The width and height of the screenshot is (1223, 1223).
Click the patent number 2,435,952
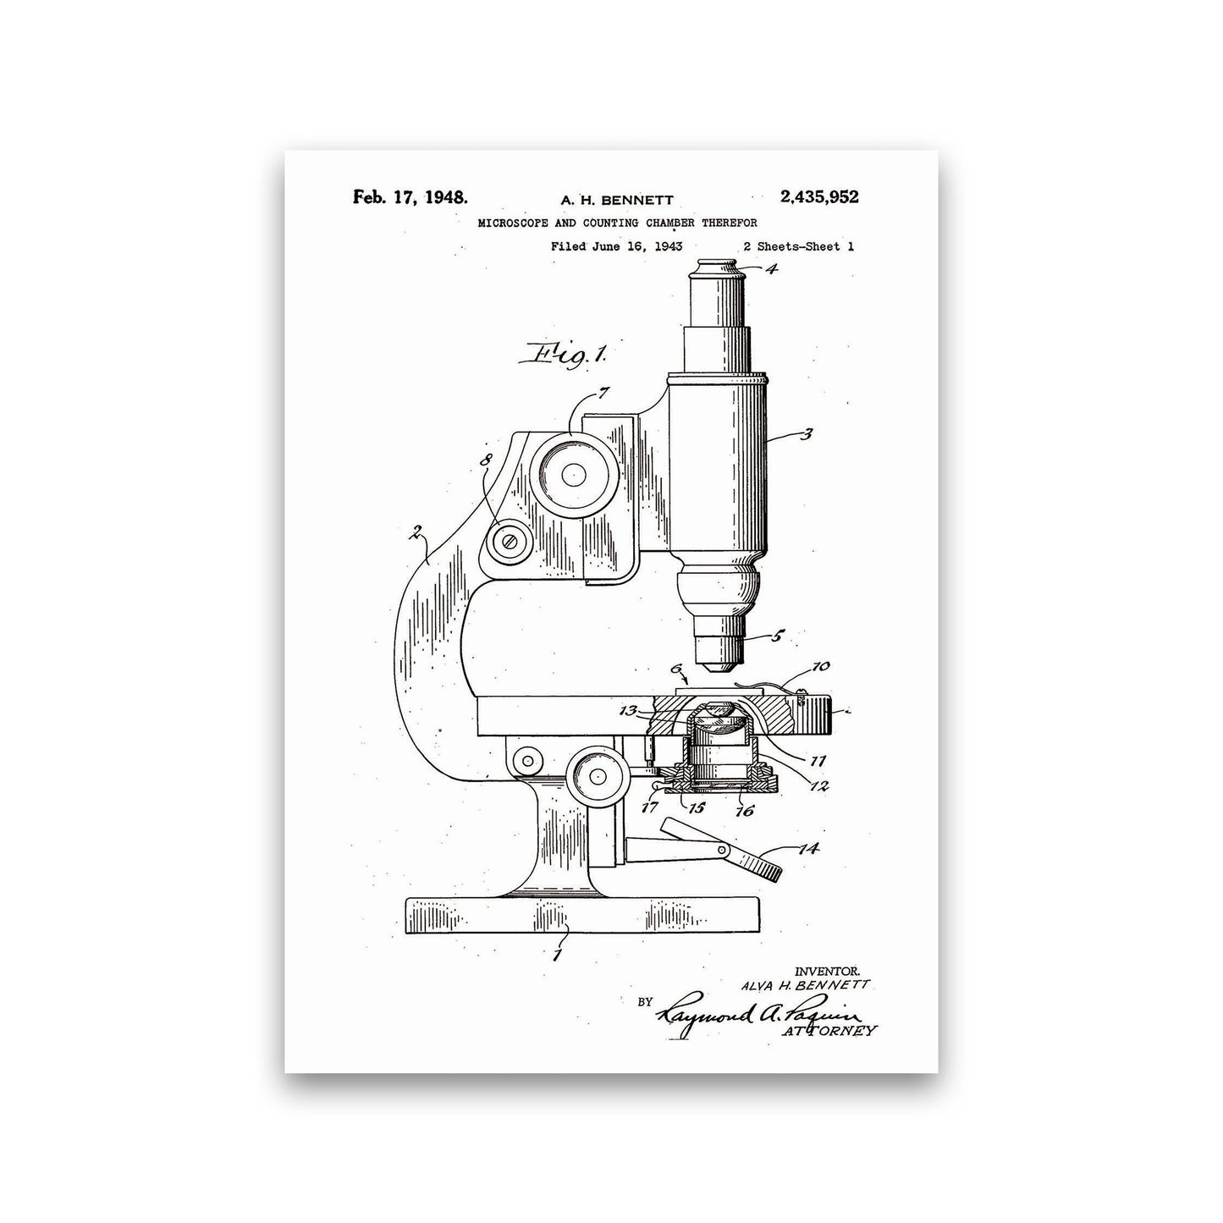[x=818, y=196]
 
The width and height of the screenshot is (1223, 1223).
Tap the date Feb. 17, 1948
[x=410, y=196]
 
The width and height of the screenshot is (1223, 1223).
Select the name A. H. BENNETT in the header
[x=616, y=200]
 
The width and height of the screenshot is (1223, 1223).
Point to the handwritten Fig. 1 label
[x=563, y=354]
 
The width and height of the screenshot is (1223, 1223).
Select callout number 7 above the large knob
[x=603, y=394]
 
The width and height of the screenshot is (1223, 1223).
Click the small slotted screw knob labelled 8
[x=510, y=542]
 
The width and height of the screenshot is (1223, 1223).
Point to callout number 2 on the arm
[x=416, y=532]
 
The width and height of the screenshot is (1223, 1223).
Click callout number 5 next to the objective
[x=778, y=636]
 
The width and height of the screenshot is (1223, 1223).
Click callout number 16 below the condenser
[x=744, y=811]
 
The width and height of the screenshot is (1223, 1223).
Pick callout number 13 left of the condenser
[x=628, y=711]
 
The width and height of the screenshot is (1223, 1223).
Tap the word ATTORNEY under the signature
[x=829, y=1031]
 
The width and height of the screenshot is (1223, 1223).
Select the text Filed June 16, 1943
[x=616, y=246]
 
